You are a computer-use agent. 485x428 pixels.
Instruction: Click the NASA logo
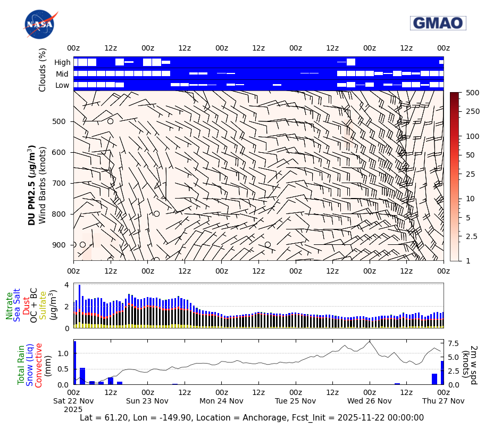click(39, 24)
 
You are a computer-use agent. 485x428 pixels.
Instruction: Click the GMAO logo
click(438, 23)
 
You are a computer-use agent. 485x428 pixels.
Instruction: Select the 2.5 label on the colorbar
click(472, 236)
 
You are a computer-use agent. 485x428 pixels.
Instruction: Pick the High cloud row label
click(62, 62)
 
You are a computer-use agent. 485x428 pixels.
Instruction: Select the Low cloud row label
click(63, 85)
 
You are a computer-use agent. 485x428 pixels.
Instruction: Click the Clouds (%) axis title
click(43, 69)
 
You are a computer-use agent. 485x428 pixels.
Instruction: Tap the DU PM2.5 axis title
click(32, 185)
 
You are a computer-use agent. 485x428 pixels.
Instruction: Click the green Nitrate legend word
click(10, 306)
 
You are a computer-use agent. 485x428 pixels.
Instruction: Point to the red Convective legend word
click(38, 365)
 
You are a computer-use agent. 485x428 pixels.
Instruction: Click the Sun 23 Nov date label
click(147, 401)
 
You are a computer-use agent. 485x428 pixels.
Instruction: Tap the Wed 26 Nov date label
click(369, 401)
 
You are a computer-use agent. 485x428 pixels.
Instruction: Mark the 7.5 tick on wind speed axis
click(455, 343)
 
